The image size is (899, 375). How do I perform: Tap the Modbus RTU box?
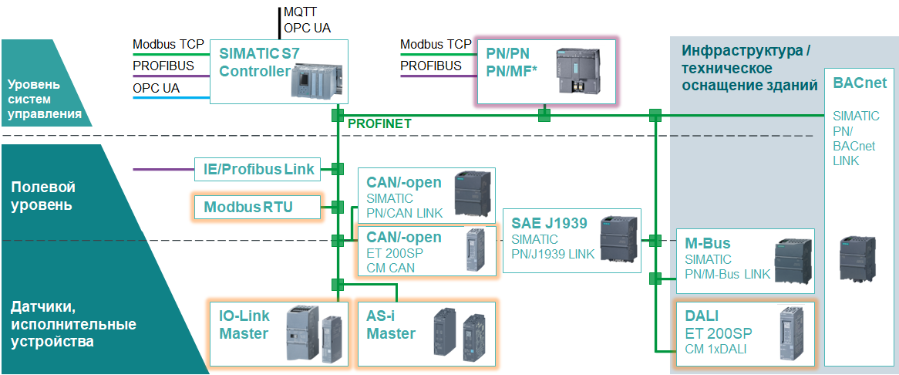pyautogui.click(x=248, y=207)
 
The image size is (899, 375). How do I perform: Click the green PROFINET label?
pyautogui.click(x=380, y=123)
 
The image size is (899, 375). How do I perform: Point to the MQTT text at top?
pyautogui.click(x=299, y=12)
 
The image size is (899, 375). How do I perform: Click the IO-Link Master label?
pyautogui.click(x=244, y=326)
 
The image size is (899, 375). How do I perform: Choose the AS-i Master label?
pyautogui.click(x=391, y=326)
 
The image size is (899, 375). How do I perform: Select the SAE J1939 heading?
pyautogui.click(x=549, y=224)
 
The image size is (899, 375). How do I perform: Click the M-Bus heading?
pyautogui.click(x=707, y=244)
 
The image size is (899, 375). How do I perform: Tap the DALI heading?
pyautogui.click(x=702, y=316)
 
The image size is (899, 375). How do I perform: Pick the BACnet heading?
pyautogui.click(x=860, y=83)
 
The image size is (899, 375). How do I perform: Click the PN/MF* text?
pyautogui.click(x=512, y=72)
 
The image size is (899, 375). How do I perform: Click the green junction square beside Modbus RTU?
pyautogui.click(x=337, y=207)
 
